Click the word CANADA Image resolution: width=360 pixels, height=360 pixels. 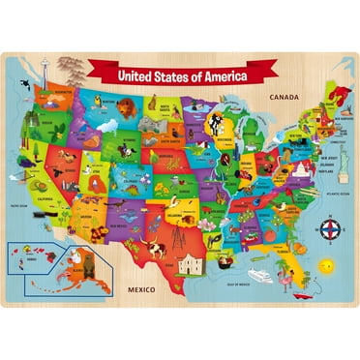(x=291, y=96)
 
